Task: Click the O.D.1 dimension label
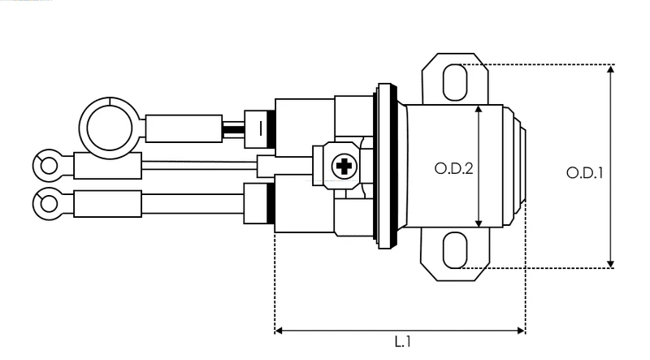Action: (585, 172)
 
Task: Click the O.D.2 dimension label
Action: (453, 168)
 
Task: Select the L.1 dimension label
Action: (402, 342)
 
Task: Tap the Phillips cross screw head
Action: (344, 167)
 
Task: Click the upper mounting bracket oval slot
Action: (455, 82)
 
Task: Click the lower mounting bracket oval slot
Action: (455, 249)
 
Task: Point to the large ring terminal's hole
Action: (110, 128)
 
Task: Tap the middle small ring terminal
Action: (49, 166)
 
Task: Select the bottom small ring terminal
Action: (49, 204)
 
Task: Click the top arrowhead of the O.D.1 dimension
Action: (610, 69)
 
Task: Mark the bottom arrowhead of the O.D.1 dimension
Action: (610, 264)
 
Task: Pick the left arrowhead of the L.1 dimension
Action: (279, 331)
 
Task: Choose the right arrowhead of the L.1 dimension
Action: (521, 331)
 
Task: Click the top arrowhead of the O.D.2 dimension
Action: (479, 109)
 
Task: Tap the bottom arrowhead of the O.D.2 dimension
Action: (479, 223)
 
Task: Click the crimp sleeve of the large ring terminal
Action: (184, 128)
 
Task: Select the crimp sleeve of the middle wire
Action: (108, 166)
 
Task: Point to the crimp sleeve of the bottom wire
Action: (108, 204)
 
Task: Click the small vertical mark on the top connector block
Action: (260, 128)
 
